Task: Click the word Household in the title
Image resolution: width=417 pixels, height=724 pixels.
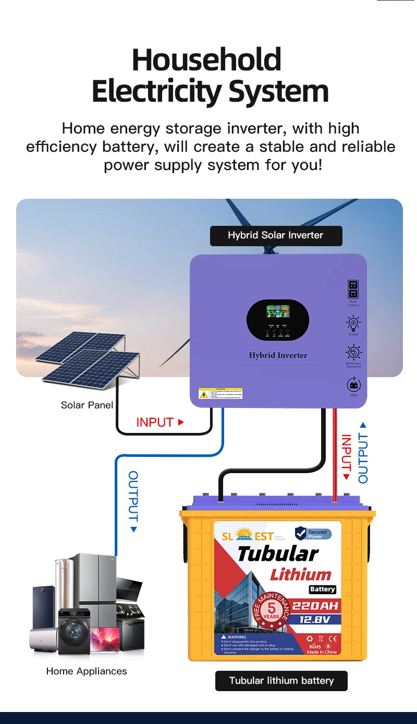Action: (x=206, y=60)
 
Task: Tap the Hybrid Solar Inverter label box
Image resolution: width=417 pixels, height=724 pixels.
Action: (x=276, y=235)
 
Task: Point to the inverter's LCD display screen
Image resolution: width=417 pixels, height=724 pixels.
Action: (x=278, y=312)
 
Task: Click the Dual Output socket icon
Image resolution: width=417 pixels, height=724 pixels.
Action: (x=353, y=289)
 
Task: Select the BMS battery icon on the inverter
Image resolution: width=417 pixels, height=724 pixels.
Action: (x=353, y=385)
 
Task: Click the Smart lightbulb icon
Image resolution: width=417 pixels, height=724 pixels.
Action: (x=353, y=323)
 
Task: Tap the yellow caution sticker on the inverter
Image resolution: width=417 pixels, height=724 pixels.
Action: (x=220, y=393)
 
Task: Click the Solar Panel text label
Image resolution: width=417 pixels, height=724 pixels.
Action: (x=87, y=405)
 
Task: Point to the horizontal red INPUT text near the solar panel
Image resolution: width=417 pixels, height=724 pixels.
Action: (x=155, y=423)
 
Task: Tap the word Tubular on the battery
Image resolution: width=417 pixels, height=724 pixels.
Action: (x=277, y=554)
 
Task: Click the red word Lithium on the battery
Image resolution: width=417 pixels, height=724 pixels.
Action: (x=300, y=575)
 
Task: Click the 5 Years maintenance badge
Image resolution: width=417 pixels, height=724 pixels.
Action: (x=272, y=609)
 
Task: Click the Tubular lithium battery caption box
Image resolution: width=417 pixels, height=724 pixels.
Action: (x=281, y=681)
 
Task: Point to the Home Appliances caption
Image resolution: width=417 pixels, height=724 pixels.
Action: (x=87, y=671)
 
